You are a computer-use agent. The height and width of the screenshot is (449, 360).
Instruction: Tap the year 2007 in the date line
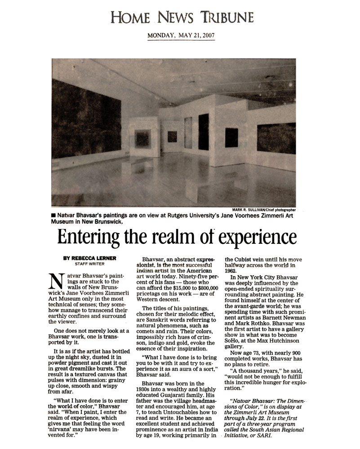tap(208, 35)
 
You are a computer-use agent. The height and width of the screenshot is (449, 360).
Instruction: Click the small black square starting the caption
tap(54, 216)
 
